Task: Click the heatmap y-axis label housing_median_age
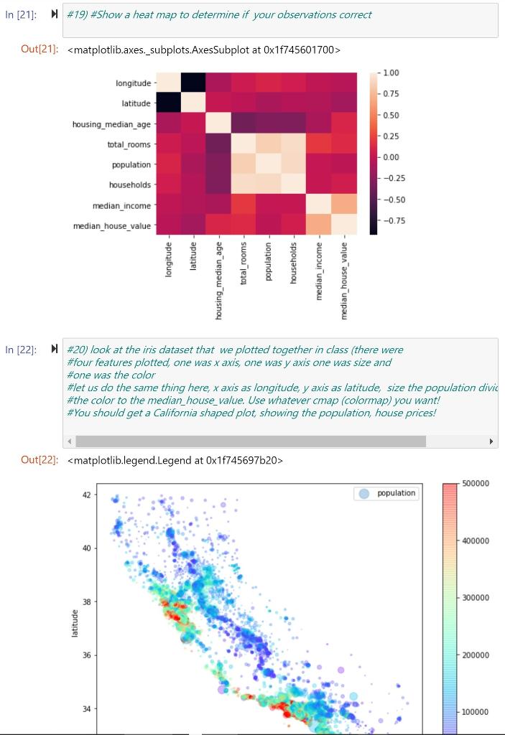[111, 124]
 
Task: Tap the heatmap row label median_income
[121, 206]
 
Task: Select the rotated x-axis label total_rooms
[244, 263]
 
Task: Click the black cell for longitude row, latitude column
[192, 83]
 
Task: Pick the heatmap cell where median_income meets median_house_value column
[344, 205]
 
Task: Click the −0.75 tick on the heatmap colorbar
[392, 221]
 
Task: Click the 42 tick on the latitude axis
[87, 495]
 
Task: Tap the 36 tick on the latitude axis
[87, 655]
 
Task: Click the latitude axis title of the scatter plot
[74, 623]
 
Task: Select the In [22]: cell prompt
[20, 350]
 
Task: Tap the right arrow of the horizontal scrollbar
[491, 441]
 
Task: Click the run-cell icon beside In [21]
[55, 14]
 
